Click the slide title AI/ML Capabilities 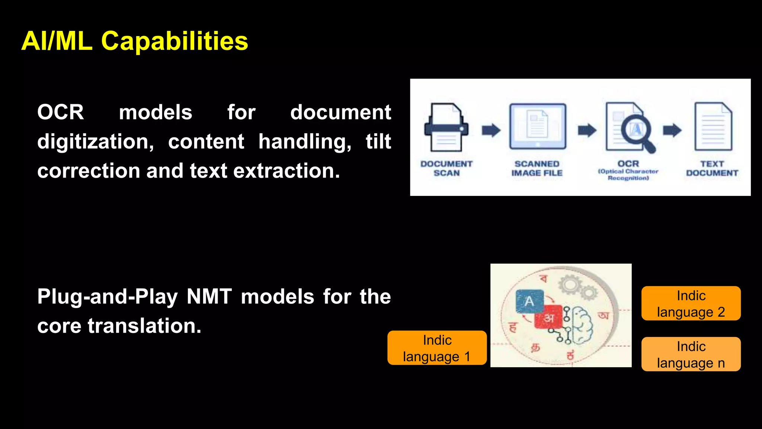coord(135,41)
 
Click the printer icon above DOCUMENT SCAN coord(446,128)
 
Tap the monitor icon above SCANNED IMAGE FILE coord(538,127)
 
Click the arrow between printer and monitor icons coord(491,130)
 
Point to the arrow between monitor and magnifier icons coord(587,130)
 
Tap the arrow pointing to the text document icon coord(672,130)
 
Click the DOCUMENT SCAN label coord(446,168)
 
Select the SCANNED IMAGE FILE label coord(537,168)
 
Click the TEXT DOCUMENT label coord(712,168)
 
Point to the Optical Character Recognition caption coord(628,175)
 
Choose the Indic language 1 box coord(437,348)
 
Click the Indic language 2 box coord(691,304)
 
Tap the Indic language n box coord(691,354)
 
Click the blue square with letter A coord(529,301)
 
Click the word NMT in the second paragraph coord(209,297)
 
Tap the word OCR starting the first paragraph coord(61,112)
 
